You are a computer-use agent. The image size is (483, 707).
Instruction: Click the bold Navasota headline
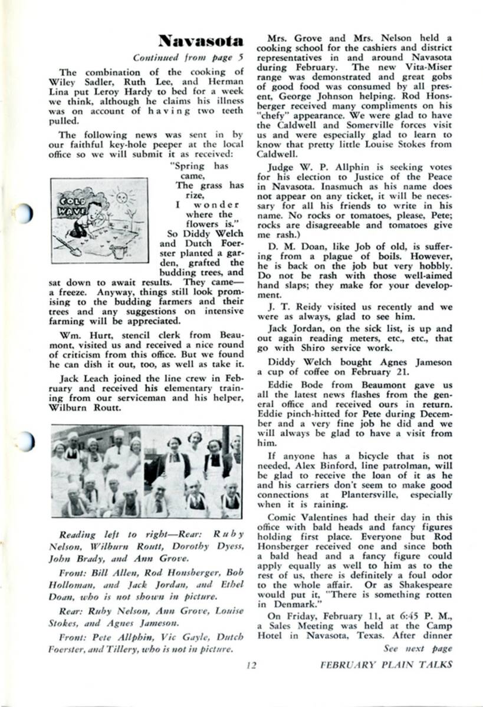(x=201, y=41)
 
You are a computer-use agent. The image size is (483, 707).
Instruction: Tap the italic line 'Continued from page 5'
(x=188, y=58)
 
